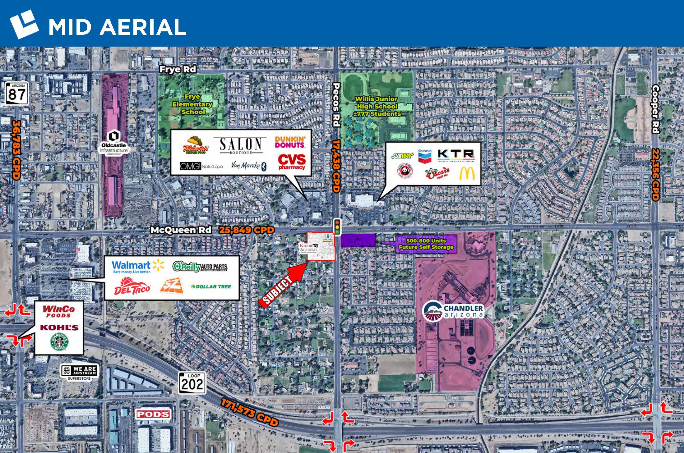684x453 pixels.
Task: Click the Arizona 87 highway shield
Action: [x=17, y=93]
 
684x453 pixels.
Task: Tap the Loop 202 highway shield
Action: [x=192, y=382]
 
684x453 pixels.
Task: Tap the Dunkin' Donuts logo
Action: [x=290, y=142]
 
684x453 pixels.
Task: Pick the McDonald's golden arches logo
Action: [x=467, y=173]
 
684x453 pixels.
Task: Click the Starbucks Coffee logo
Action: [x=59, y=342]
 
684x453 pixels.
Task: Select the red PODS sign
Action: [x=153, y=414]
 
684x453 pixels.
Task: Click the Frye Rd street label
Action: [x=178, y=69]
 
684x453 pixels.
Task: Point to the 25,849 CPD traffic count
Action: [x=247, y=230]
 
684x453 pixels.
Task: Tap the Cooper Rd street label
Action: [x=655, y=109]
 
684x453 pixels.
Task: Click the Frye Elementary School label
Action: [x=192, y=104]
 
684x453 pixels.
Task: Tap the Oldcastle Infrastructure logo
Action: [x=114, y=143]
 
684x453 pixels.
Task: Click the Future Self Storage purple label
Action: [x=426, y=244]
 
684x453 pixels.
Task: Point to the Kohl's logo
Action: [x=59, y=327]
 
